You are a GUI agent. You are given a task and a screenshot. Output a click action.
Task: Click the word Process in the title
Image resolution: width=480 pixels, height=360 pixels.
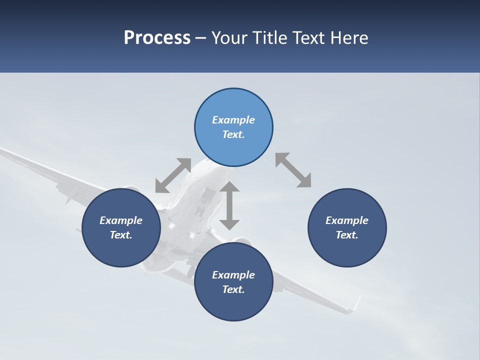pos(157,38)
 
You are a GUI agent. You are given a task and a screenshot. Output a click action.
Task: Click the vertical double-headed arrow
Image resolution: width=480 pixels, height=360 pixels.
pos(229,205)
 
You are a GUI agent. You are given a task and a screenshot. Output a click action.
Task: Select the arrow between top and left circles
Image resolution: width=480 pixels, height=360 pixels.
pos(173,175)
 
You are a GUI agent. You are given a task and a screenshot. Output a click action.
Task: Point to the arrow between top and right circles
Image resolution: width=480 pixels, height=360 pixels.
pos(293,170)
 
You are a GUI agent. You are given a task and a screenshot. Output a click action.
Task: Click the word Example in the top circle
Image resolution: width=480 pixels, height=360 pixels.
pos(233,120)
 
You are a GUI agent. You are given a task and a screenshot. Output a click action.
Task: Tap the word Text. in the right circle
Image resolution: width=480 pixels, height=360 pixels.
pos(347,235)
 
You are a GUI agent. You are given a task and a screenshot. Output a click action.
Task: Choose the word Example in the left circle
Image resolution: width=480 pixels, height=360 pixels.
pos(121,220)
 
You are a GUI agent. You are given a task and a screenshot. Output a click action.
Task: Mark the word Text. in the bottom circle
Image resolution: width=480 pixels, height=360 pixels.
pos(233,289)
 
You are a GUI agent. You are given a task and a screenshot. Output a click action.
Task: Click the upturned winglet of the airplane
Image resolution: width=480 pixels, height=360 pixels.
pos(356,303)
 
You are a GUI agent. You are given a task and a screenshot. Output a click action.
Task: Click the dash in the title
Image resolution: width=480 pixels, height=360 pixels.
pos(200,38)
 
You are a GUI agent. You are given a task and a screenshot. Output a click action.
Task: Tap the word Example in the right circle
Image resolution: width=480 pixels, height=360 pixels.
pos(347,220)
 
